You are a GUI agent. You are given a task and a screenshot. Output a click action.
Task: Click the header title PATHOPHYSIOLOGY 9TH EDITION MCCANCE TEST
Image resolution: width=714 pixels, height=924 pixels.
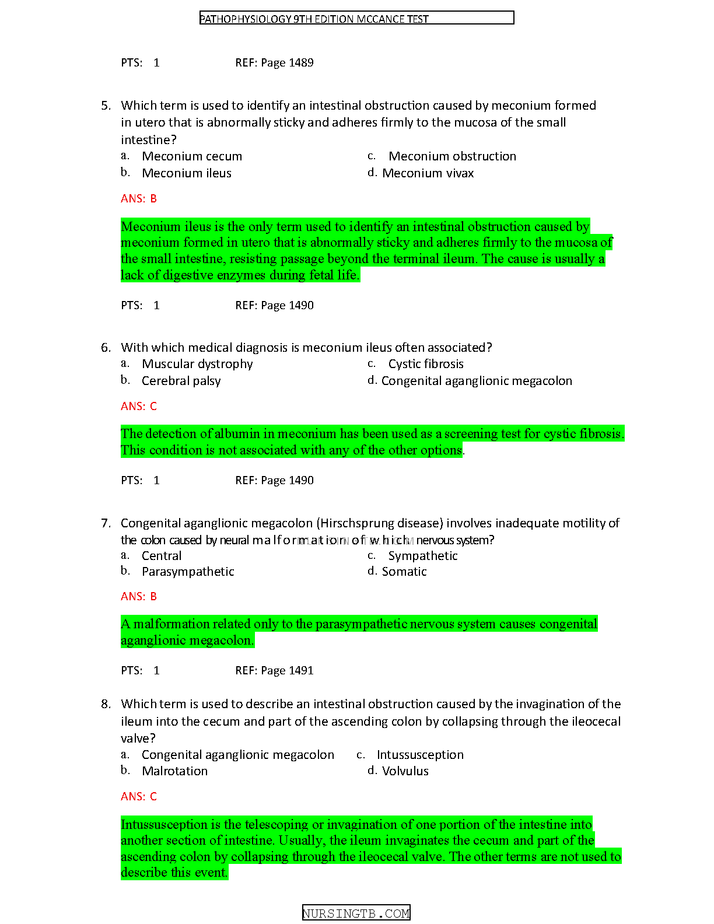(314, 19)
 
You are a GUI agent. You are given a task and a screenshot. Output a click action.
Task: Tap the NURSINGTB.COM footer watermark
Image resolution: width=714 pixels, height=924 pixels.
(356, 914)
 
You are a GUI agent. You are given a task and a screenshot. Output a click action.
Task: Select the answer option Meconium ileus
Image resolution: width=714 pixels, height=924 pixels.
(187, 173)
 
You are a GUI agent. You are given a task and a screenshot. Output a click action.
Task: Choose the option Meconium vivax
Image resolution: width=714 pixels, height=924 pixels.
(428, 173)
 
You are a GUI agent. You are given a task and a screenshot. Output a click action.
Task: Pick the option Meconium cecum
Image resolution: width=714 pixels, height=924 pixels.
(192, 156)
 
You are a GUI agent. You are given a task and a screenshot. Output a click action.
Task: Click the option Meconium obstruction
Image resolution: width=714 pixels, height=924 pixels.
(452, 156)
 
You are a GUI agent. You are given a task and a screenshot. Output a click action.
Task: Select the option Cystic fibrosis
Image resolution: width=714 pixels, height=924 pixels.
(426, 364)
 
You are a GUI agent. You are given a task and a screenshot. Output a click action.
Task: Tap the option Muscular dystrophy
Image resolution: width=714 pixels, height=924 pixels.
(197, 364)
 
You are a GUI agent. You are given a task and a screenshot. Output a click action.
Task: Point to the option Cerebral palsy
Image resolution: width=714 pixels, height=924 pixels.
(181, 381)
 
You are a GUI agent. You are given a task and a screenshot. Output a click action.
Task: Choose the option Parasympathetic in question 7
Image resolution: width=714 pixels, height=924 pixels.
(188, 572)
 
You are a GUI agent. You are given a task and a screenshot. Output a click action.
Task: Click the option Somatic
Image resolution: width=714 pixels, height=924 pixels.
(404, 572)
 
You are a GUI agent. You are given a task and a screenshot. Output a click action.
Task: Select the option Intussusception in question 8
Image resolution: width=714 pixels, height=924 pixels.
(420, 755)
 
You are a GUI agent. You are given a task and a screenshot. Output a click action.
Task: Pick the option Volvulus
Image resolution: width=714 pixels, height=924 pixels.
(405, 771)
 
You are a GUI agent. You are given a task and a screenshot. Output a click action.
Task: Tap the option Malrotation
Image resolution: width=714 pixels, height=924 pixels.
(174, 771)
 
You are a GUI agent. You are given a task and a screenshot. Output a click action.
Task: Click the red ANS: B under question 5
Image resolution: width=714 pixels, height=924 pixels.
(139, 199)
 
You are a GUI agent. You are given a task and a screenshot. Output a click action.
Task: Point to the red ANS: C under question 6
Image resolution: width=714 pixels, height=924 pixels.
(139, 407)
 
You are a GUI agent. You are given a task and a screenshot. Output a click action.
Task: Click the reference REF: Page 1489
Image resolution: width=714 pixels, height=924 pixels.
(274, 63)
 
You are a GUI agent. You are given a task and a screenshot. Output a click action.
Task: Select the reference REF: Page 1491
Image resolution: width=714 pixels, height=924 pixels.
(274, 671)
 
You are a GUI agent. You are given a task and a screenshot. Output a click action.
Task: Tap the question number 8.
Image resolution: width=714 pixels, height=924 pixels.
(106, 704)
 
